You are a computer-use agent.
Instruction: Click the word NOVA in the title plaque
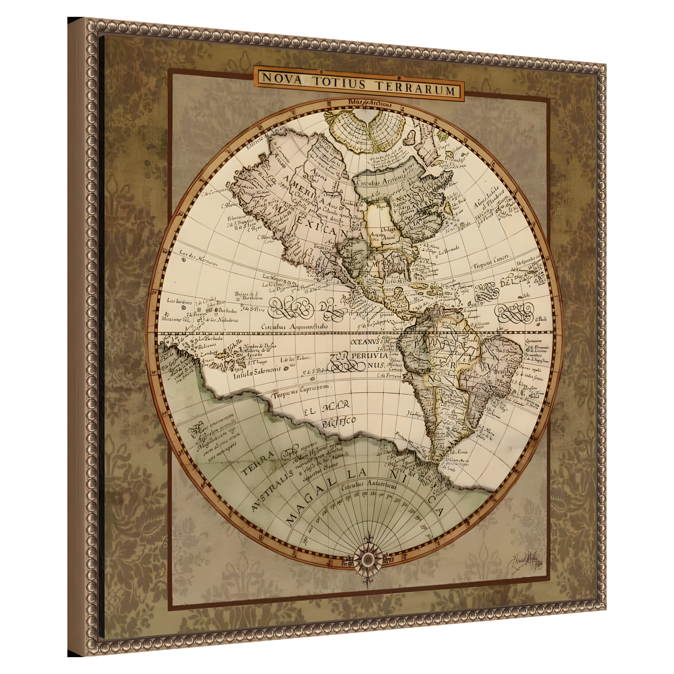tap(281, 79)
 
